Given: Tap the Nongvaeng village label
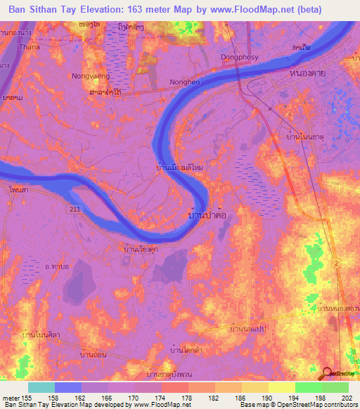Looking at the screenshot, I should pos(88,75).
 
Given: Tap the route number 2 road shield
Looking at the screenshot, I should pos(335,262).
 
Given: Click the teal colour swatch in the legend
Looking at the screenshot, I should pos(41,387).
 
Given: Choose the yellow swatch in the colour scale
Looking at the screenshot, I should pos(281,387).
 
